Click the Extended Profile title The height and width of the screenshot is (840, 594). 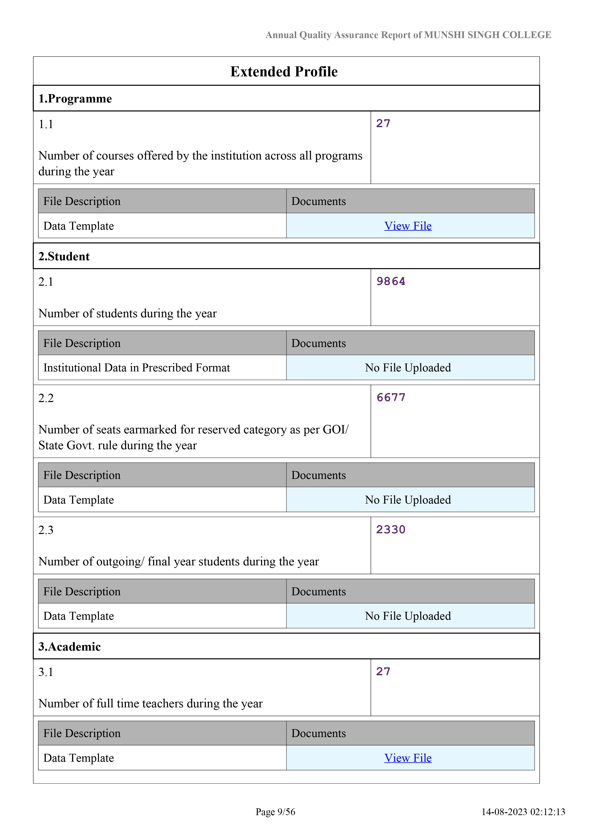pyautogui.click(x=284, y=72)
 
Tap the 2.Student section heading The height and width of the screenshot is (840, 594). pyautogui.click(x=64, y=256)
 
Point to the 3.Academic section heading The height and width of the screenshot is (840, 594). pyautogui.click(x=69, y=647)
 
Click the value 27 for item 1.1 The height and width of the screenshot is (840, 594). pyautogui.click(x=383, y=124)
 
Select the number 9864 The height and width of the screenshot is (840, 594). pyautogui.click(x=391, y=281)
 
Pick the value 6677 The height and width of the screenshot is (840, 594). pyautogui.click(x=391, y=397)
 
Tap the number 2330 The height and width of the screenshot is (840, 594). pyautogui.click(x=391, y=529)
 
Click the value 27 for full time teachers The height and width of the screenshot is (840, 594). pyautogui.click(x=383, y=671)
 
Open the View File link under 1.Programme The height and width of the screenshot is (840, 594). pyautogui.click(x=408, y=226)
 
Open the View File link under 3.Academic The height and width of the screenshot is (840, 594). pyautogui.click(x=408, y=758)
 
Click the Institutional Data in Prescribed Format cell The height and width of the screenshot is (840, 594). pyautogui.click(x=136, y=368)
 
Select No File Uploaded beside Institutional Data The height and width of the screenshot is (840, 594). pyautogui.click(x=408, y=368)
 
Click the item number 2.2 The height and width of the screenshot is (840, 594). pyautogui.click(x=46, y=398)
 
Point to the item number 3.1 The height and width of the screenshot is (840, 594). pyautogui.click(x=46, y=672)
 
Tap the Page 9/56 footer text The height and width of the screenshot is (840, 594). pyautogui.click(x=275, y=812)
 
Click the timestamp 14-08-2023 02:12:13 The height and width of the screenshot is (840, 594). pyautogui.click(x=523, y=812)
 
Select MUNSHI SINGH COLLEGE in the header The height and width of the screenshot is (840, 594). pyautogui.click(x=487, y=35)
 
